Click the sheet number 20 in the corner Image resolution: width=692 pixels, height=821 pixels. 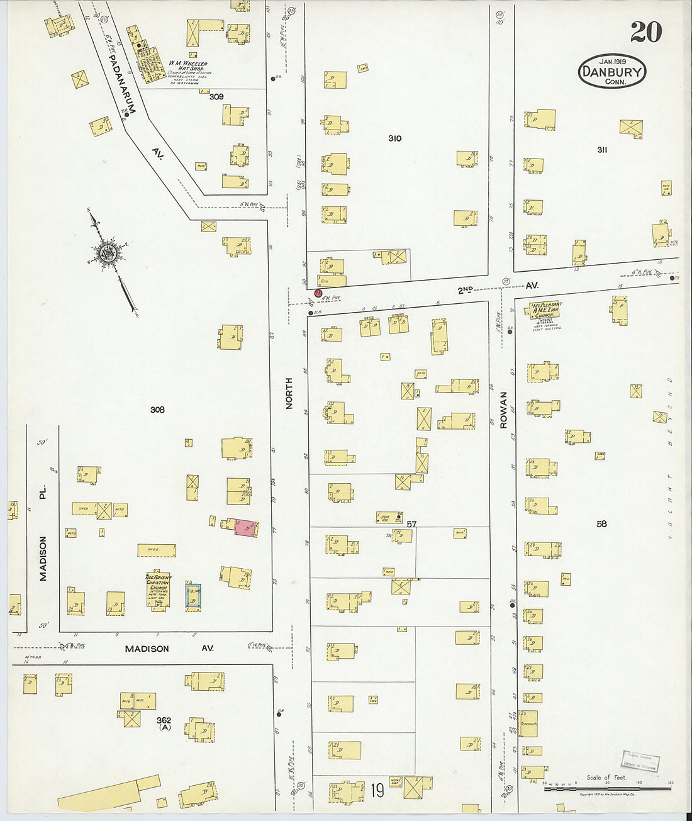coord(645,31)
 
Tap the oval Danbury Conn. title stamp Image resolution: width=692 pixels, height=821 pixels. coord(611,71)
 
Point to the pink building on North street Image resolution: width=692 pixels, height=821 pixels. coord(245,528)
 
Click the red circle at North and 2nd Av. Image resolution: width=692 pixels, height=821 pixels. coord(318,293)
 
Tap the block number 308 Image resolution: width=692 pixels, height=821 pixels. coord(157,410)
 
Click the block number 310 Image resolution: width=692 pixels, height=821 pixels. coord(394,138)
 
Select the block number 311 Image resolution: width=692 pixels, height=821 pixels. coord(602,150)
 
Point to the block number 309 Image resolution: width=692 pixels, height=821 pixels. coord(216,97)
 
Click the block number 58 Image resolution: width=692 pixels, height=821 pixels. coord(601,523)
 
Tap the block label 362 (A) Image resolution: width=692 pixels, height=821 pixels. coord(164,723)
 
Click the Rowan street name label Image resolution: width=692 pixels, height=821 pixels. coord(503,410)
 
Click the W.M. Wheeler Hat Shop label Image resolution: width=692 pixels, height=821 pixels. coord(187,67)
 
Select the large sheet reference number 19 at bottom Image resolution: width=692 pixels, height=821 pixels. coord(377,790)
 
